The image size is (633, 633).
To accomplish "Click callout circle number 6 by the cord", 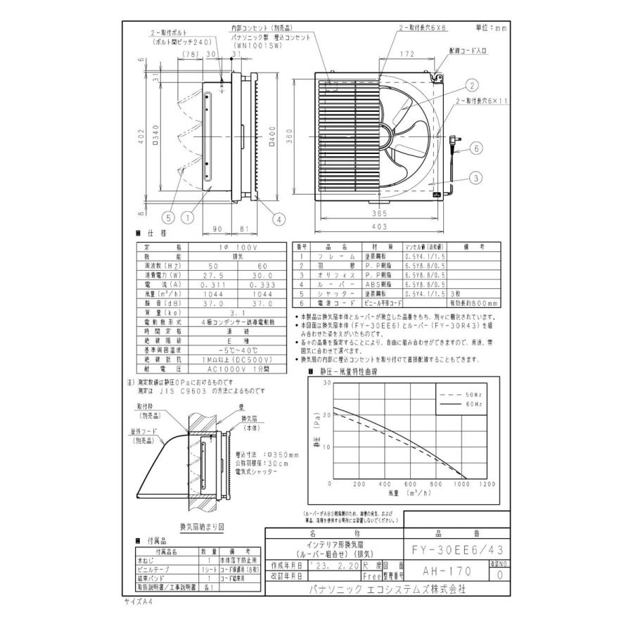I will [x=476, y=148].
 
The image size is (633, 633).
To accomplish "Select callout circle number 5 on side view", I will [x=168, y=219].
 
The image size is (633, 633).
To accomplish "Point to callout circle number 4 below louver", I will [x=279, y=219].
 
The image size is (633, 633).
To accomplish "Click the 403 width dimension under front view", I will [x=379, y=226].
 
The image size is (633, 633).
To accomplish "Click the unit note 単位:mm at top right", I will [x=490, y=28].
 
